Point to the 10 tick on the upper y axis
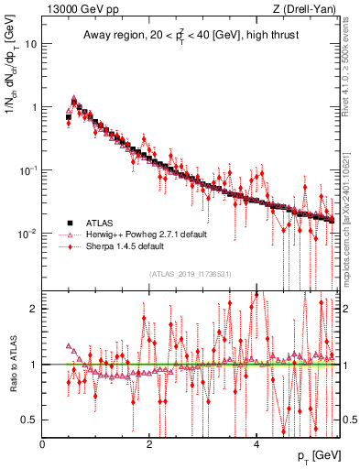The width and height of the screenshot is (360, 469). [31, 44]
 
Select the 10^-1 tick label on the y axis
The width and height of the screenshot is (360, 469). [28, 169]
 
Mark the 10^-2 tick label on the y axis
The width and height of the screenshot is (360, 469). [28, 233]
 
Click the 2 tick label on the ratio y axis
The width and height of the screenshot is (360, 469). [34, 309]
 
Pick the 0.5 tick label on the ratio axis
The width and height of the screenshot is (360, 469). [29, 420]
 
